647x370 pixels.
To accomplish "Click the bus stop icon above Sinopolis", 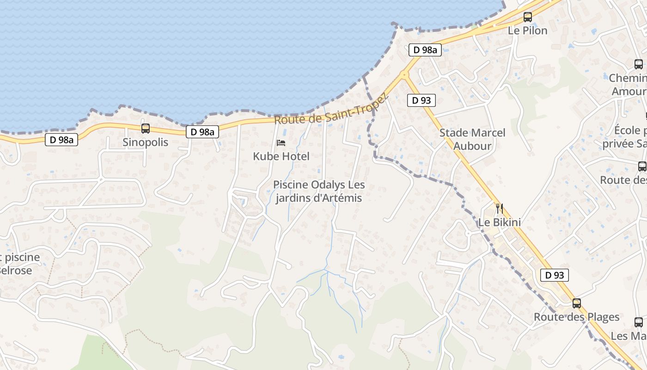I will click(146, 129).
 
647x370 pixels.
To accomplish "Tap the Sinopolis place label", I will click(146, 142).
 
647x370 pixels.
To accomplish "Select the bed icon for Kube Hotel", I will click(281, 143).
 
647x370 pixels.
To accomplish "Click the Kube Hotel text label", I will click(281, 156).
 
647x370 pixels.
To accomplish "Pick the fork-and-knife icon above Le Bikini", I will click(499, 208).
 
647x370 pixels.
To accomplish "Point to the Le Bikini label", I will click(499, 222).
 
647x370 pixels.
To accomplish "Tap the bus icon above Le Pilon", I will click(527, 17).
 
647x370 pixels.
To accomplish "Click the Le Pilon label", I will click(527, 31).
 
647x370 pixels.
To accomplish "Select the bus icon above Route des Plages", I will click(576, 303).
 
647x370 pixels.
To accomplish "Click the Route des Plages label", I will click(576, 317).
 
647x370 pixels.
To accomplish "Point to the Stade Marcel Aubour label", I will click(472, 139).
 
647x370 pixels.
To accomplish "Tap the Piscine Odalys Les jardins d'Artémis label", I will click(319, 191).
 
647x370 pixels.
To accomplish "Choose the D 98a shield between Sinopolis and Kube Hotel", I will click(202, 132).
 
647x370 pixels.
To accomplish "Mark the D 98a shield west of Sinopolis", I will click(61, 139).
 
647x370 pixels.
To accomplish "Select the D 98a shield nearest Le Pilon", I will click(425, 50).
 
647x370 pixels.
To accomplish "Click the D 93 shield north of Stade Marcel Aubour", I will click(421, 100).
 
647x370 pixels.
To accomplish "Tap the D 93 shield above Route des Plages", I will click(554, 275).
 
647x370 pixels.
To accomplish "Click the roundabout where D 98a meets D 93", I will click(404, 74).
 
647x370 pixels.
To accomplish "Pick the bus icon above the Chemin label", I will click(638, 64).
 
